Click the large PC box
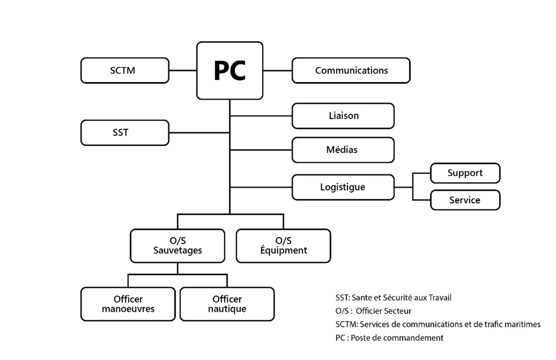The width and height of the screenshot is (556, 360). point(230,70)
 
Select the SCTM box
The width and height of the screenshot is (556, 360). point(125,70)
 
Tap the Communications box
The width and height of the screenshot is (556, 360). point(351,70)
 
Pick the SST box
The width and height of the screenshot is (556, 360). point(125,133)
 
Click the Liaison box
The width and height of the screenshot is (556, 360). point(343,116)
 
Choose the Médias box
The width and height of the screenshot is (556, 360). point(343,150)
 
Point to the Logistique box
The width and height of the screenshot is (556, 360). point(343,187)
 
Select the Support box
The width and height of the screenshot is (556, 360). point(465,173)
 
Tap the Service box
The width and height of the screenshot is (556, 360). point(465,200)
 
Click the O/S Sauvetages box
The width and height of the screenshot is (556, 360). point(177,246)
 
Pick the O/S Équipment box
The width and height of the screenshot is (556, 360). point(283,246)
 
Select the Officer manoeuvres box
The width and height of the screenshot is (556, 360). point(128,304)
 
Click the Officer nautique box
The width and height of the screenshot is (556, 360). point(227,304)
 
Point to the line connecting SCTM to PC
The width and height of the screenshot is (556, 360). point(183,70)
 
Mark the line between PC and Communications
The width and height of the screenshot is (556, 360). point(278,70)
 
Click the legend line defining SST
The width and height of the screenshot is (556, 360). point(393,298)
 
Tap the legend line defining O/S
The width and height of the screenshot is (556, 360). point(373,311)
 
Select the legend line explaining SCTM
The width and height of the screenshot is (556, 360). point(438,325)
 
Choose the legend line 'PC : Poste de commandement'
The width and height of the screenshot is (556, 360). point(389,338)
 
